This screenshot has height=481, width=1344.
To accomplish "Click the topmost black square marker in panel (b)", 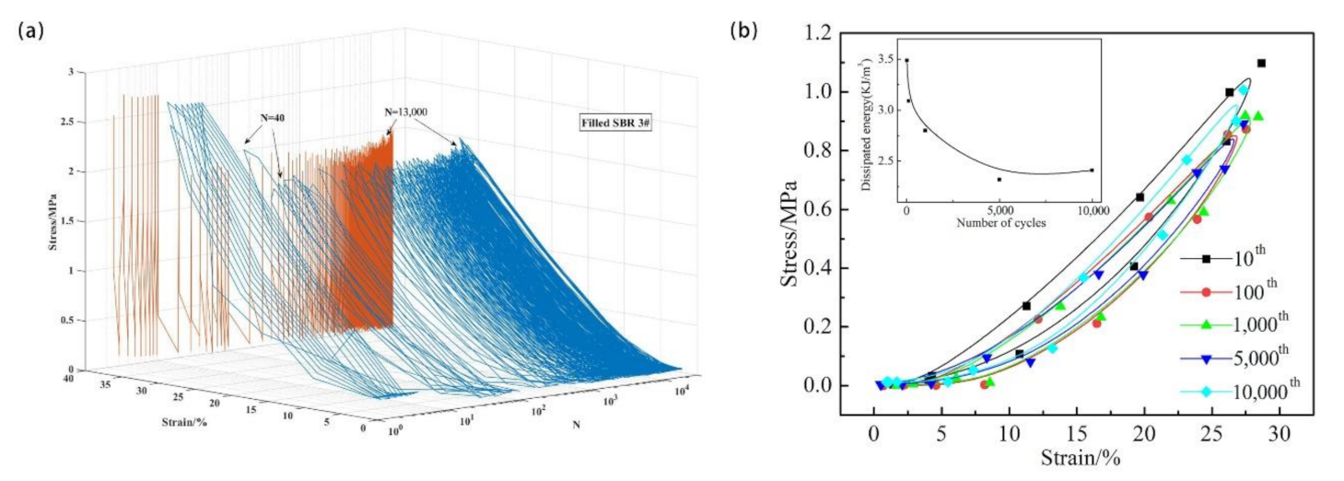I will [x=1261, y=63].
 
